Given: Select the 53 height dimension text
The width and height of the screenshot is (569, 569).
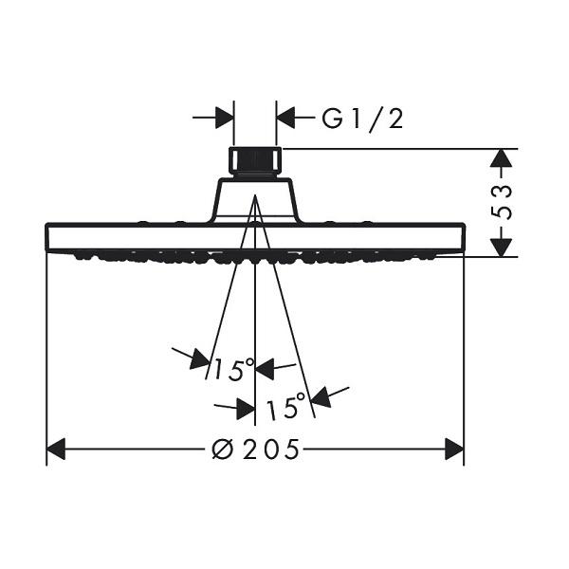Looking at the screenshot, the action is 501,202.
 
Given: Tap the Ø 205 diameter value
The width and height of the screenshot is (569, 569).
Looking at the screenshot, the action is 255,450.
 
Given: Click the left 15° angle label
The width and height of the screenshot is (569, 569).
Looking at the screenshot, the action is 234,370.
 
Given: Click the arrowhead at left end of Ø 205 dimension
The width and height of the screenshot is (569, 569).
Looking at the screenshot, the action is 56,450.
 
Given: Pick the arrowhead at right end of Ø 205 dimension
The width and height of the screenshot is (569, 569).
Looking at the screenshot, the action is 454,450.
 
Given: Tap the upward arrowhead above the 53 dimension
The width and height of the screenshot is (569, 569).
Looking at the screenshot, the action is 501,158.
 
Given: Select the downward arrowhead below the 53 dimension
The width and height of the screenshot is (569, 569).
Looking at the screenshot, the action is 501,248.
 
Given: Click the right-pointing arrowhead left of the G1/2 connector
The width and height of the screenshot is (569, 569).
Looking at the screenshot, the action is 225,118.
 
